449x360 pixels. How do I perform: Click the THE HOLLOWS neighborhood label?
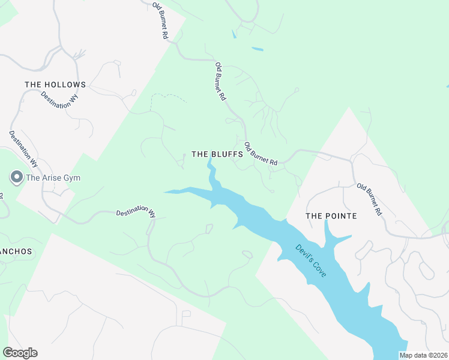55,85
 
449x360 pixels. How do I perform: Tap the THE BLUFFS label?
217,154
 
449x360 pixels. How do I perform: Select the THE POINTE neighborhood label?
331,216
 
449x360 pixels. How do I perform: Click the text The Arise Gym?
53,178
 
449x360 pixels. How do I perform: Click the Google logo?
20,353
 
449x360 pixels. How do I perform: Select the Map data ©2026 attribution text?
423,355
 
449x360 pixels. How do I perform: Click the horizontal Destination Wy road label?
136,212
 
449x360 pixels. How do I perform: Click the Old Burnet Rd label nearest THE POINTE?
369,199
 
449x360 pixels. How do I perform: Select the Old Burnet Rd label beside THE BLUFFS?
262,154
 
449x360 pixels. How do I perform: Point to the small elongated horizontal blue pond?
257,49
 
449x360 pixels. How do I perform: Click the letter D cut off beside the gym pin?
1,197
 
